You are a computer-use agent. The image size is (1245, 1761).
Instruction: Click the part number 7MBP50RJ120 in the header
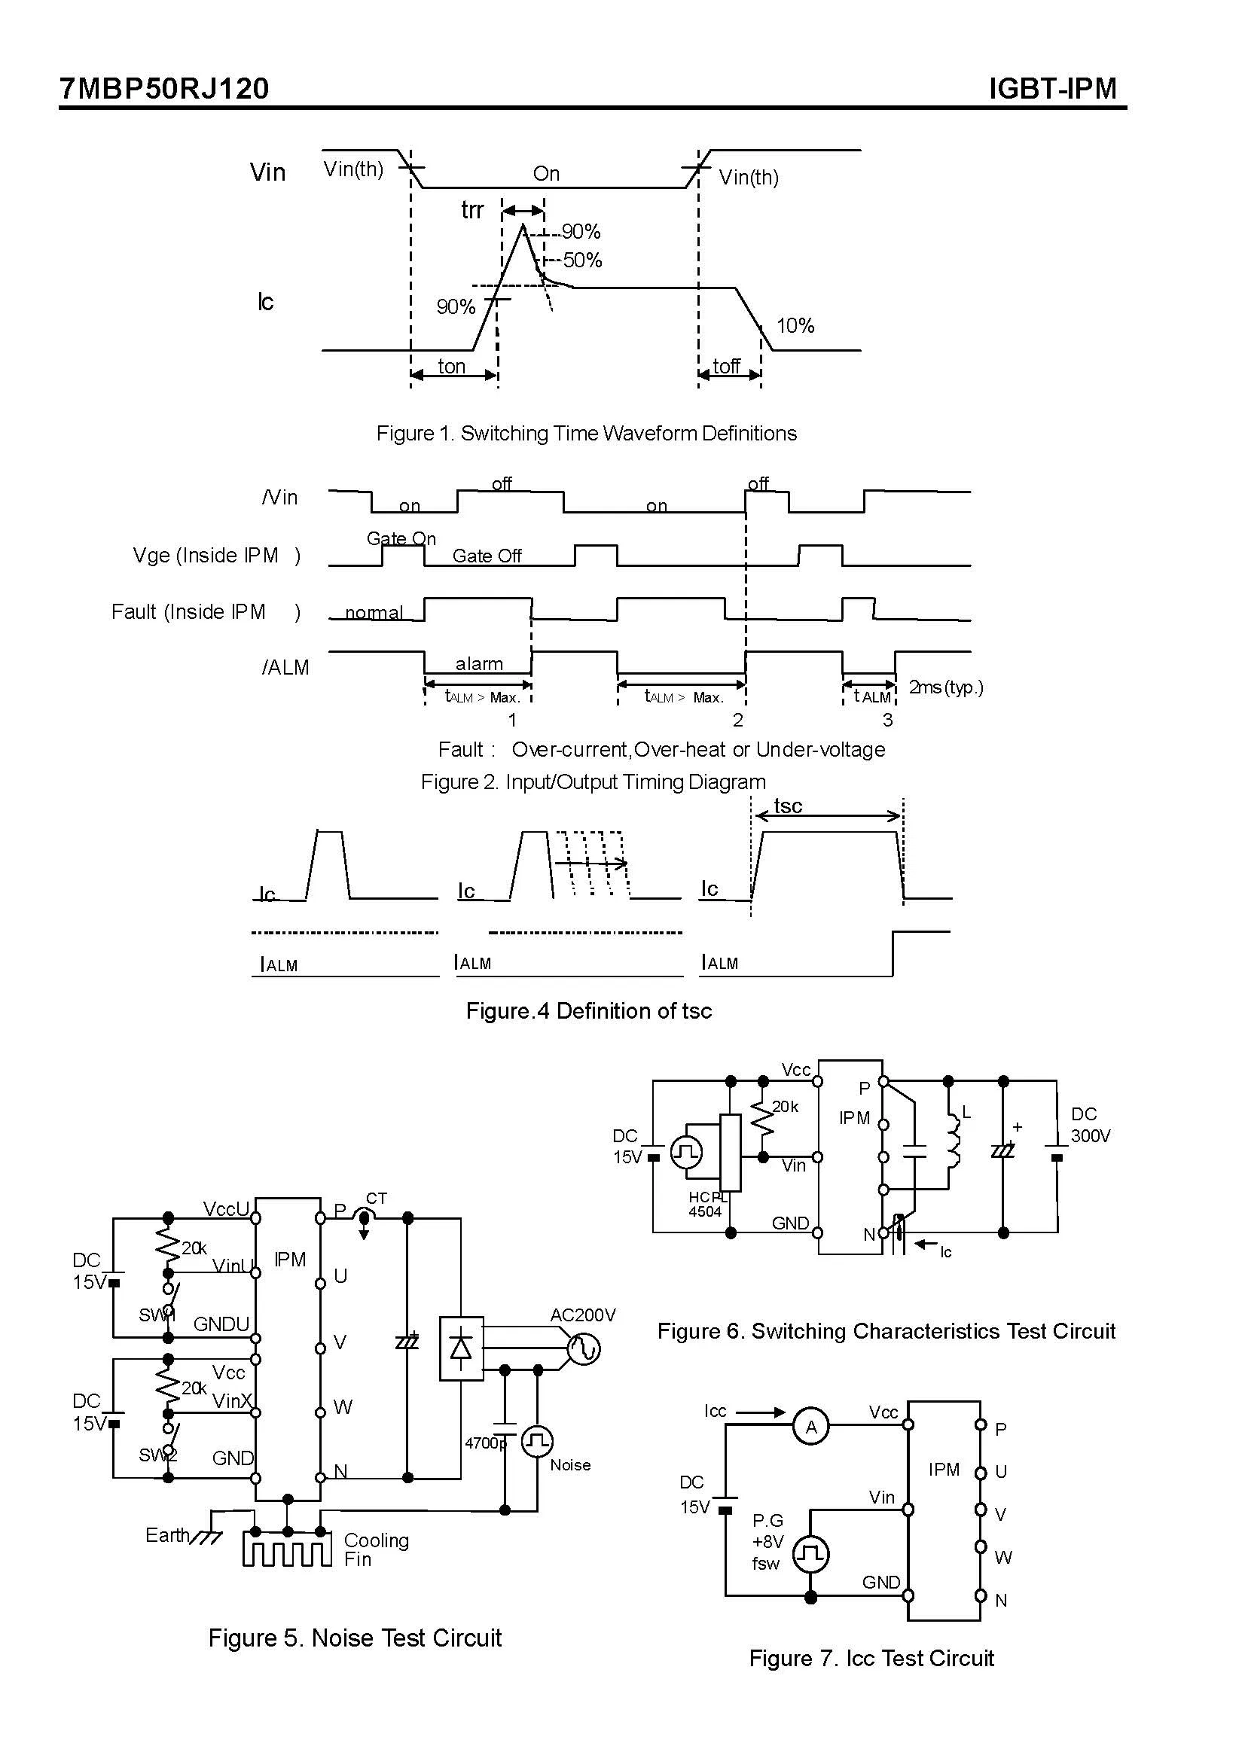pyautogui.click(x=164, y=89)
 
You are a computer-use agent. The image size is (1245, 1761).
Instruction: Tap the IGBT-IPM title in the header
pyautogui.click(x=1052, y=89)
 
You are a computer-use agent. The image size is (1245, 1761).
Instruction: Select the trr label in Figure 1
pyautogui.click(x=471, y=210)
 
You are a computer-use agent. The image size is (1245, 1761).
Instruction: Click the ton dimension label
pyautogui.click(x=451, y=367)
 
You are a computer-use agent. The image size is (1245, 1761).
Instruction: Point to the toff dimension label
pyautogui.click(x=725, y=367)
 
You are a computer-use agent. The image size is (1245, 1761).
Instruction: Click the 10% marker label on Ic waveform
pyautogui.click(x=795, y=326)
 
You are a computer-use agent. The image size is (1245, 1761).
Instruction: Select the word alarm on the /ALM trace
pyautogui.click(x=479, y=663)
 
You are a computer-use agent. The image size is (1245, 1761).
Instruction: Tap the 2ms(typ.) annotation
pyautogui.click(x=945, y=687)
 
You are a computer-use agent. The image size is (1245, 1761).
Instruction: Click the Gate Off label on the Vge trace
pyautogui.click(x=487, y=556)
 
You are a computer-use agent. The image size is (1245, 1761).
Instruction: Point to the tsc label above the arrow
pyautogui.click(x=788, y=806)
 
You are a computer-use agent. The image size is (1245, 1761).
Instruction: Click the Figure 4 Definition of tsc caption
pyautogui.click(x=588, y=1011)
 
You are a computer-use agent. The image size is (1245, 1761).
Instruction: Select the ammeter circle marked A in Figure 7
pyautogui.click(x=811, y=1427)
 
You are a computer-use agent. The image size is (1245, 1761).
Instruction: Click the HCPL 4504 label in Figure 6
pyautogui.click(x=706, y=1205)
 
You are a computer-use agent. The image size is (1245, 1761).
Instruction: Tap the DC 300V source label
pyautogui.click(x=1090, y=1125)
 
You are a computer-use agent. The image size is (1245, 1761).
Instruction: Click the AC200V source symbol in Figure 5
pyautogui.click(x=584, y=1349)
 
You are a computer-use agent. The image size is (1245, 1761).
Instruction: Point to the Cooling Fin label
pyautogui.click(x=376, y=1549)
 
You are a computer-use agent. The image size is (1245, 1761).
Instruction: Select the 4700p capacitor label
pyautogui.click(x=485, y=1443)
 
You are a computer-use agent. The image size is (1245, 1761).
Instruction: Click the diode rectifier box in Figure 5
pyautogui.click(x=461, y=1348)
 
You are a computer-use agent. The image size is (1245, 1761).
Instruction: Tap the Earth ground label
pyautogui.click(x=167, y=1534)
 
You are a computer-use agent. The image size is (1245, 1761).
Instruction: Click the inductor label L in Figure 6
pyautogui.click(x=966, y=1112)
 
